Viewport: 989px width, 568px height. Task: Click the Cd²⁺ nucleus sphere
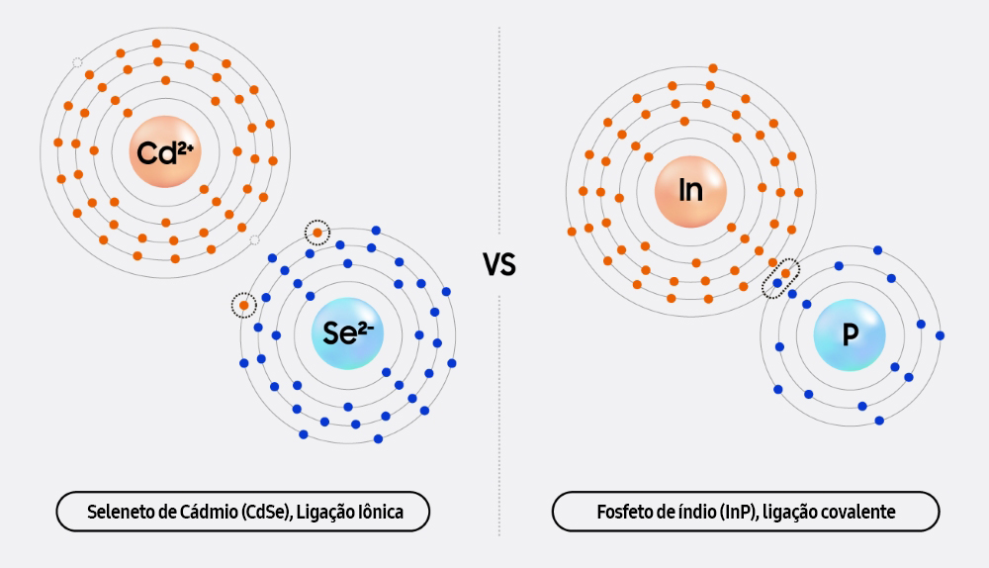coord(165,151)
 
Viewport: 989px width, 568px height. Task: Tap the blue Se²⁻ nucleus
coord(347,333)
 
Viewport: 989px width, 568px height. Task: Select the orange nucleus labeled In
coord(690,191)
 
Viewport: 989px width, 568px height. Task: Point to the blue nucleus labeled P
coord(850,334)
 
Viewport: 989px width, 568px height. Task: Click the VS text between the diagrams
coord(499,264)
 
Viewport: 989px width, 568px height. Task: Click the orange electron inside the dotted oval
coord(785,273)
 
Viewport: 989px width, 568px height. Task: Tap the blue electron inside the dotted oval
coord(777,283)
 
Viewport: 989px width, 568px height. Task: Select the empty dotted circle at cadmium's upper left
coord(77,62)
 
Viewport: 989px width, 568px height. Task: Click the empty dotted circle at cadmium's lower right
coord(254,239)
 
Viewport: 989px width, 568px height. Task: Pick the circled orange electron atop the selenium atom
coord(317,233)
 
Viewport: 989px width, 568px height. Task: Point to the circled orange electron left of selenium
coord(243,306)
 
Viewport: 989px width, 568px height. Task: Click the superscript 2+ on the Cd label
coord(185,149)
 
